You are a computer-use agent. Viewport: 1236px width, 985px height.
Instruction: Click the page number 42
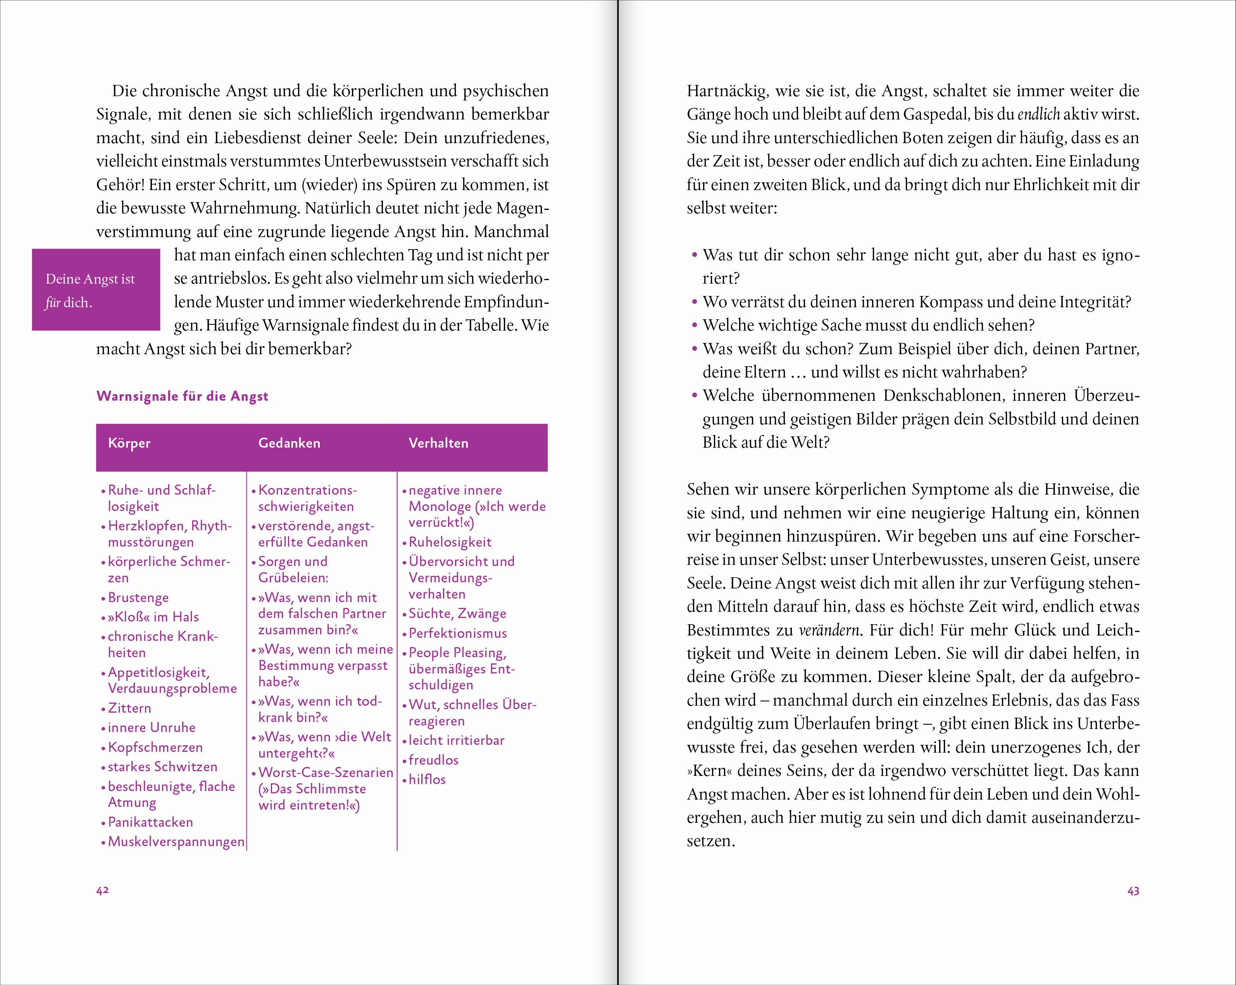[103, 890]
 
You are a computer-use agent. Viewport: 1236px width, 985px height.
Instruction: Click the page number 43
[1133, 891]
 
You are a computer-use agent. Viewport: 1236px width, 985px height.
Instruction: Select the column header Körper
[129, 443]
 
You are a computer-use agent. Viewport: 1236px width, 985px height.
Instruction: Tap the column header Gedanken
[289, 443]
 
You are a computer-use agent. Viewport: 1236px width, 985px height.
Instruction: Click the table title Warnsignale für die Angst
[182, 396]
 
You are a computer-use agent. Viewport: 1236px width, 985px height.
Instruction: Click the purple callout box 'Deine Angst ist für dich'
[96, 290]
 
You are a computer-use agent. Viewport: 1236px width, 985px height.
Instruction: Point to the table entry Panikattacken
[150, 822]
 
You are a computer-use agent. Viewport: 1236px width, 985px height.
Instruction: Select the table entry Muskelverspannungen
[176, 841]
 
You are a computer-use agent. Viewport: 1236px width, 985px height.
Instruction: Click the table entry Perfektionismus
[457, 634]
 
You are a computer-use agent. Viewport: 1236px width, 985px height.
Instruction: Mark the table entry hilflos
[427, 779]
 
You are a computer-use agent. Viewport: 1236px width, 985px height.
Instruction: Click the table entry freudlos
[433, 760]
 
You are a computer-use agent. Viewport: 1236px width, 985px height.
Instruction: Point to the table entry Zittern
[129, 708]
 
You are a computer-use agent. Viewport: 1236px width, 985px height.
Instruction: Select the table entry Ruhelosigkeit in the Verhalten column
[450, 542]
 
